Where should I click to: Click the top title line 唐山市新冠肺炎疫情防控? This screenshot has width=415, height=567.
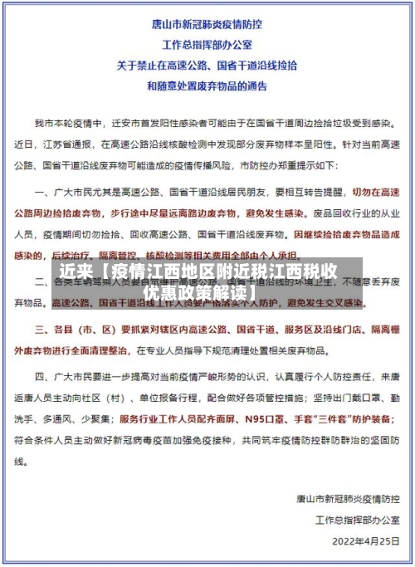pos(207,26)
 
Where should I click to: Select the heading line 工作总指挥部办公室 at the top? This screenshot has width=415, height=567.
pos(207,45)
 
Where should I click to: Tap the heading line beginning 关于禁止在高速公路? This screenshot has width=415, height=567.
pos(207,65)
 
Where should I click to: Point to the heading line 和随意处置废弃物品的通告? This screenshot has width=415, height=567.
pos(207,85)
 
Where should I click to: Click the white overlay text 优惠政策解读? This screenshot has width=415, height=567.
pos(199,293)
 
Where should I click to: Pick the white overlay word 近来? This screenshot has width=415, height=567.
pos(77,272)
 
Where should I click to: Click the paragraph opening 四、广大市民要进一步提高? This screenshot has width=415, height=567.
pos(100,379)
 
